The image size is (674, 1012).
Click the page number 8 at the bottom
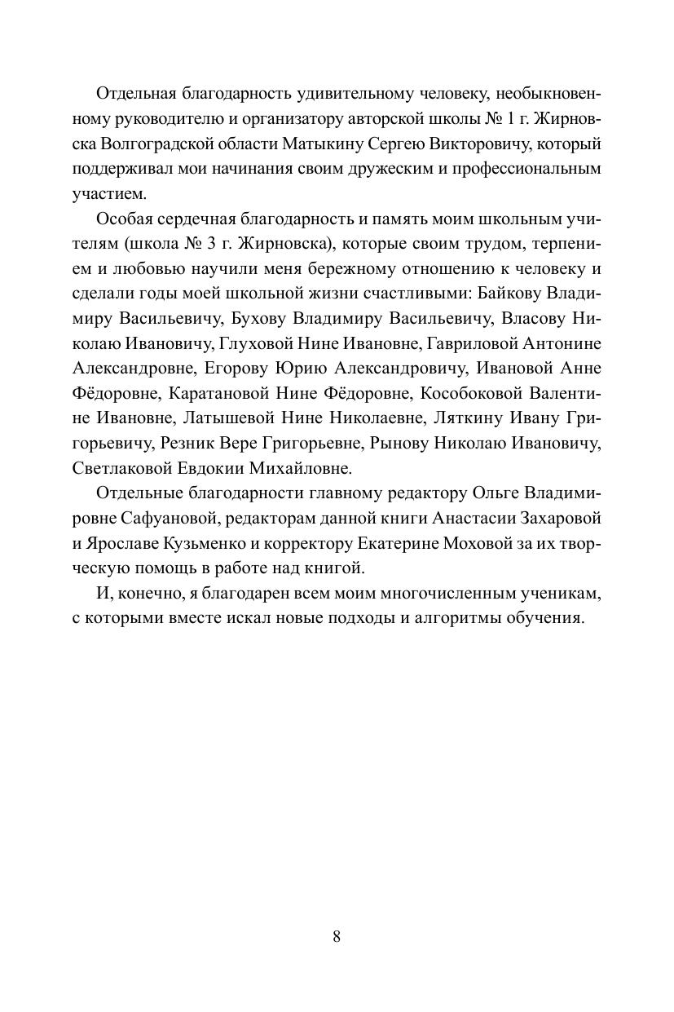[337, 936]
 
